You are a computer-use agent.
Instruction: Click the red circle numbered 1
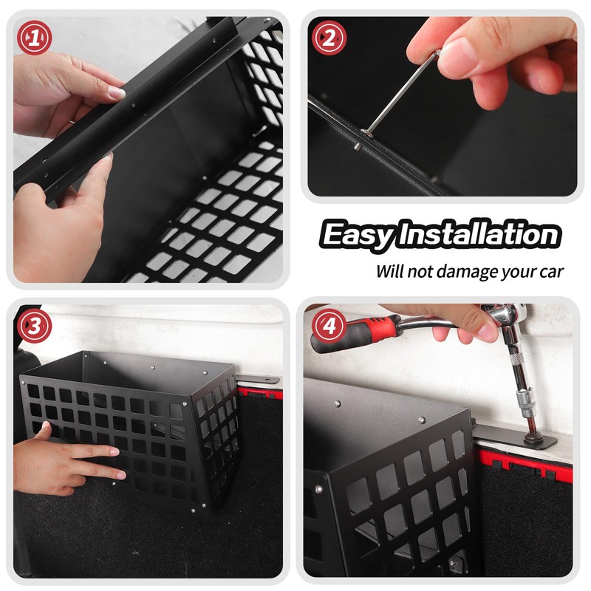(x=34, y=38)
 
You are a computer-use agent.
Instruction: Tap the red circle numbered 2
(x=329, y=38)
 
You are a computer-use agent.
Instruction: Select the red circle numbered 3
(x=34, y=326)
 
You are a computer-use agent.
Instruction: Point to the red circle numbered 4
(x=329, y=326)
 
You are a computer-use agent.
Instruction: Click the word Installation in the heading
(x=479, y=233)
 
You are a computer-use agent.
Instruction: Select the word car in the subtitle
(x=551, y=272)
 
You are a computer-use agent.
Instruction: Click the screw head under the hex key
(x=366, y=133)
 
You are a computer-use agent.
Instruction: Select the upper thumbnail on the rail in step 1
(x=116, y=92)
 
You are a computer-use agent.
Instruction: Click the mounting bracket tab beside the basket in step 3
(x=259, y=379)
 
